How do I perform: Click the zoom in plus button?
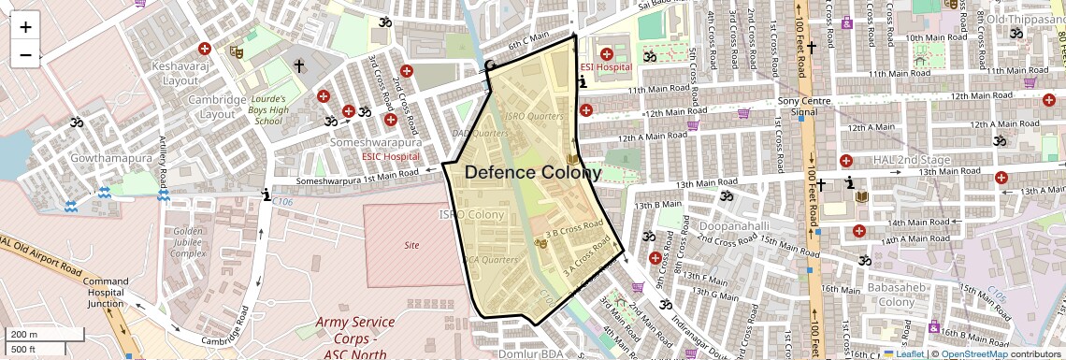pos(25,27)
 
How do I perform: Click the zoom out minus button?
pos(25,55)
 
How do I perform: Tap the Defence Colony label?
pos(533,173)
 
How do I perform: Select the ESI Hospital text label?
pos(606,67)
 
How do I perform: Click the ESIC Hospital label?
pos(391,156)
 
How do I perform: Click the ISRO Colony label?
pos(472,215)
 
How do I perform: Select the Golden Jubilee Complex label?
pos(188,242)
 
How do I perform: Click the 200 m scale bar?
pos(34,335)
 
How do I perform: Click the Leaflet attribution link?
pos(906,353)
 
